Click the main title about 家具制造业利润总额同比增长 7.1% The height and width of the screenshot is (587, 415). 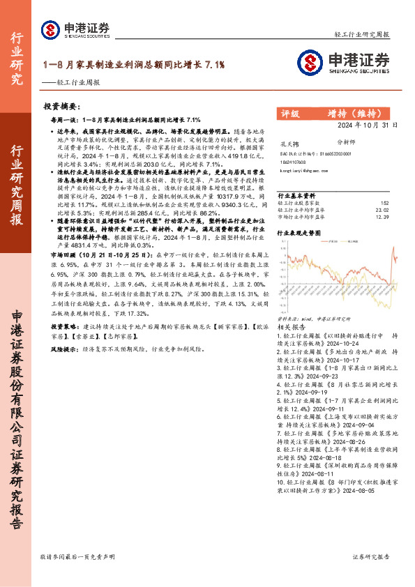(134, 64)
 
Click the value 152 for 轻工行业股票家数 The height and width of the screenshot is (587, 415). (392, 203)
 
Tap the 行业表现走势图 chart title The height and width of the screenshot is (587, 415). (301, 230)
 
